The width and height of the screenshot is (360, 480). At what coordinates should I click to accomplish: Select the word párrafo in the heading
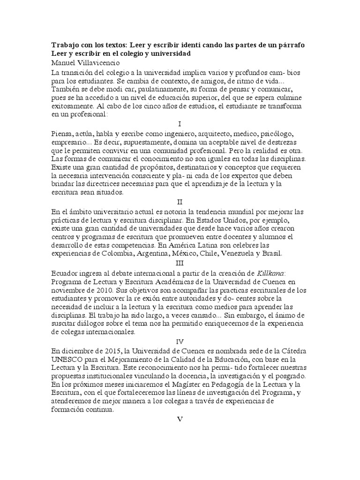click(290, 45)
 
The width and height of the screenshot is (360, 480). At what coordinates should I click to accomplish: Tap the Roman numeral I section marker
click(180, 124)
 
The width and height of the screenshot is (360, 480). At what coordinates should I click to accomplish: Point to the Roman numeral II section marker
click(180, 202)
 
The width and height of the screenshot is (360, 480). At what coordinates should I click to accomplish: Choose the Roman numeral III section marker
click(180, 263)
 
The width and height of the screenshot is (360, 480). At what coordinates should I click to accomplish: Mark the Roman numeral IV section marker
click(180, 341)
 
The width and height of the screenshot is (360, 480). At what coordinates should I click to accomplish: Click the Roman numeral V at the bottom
click(180, 419)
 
